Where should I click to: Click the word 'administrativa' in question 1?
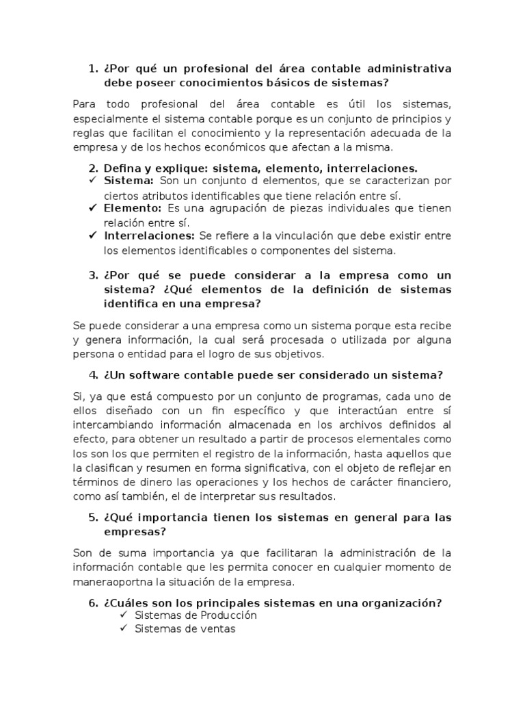(x=410, y=68)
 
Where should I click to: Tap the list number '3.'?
(x=94, y=275)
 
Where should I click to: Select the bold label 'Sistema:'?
(x=129, y=181)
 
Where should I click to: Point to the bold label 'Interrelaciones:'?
(x=150, y=235)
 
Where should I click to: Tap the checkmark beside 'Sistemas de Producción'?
(x=124, y=615)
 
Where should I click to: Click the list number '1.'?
(x=94, y=68)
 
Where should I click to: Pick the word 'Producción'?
(x=223, y=615)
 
